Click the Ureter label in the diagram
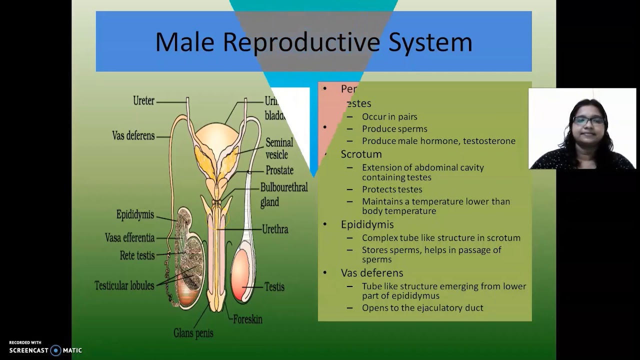[143, 100]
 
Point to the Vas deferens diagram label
[133, 135]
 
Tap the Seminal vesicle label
[279, 148]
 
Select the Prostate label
[279, 170]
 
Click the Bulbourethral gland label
[283, 194]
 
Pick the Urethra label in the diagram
[275, 229]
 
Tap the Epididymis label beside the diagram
[135, 215]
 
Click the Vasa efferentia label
[129, 238]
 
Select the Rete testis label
[137, 255]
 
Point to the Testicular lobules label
[124, 285]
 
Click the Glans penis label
[193, 332]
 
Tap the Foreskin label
[247, 319]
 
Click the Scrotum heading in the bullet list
[361, 154]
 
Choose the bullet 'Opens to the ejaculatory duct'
[422, 308]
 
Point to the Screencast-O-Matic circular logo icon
[56, 350]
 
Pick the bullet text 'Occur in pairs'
[389, 117]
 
